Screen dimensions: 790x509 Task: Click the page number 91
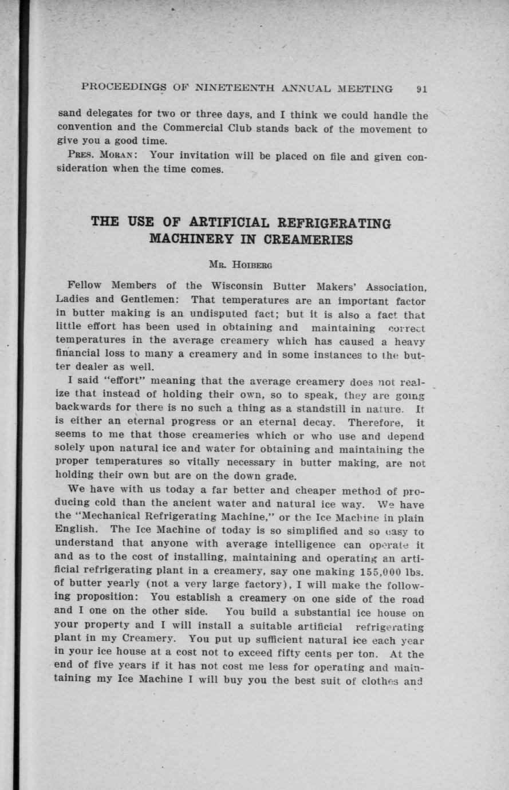tap(422, 89)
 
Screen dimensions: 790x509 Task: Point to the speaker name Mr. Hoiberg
tap(240, 265)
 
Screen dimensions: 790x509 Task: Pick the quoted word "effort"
tap(109, 381)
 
